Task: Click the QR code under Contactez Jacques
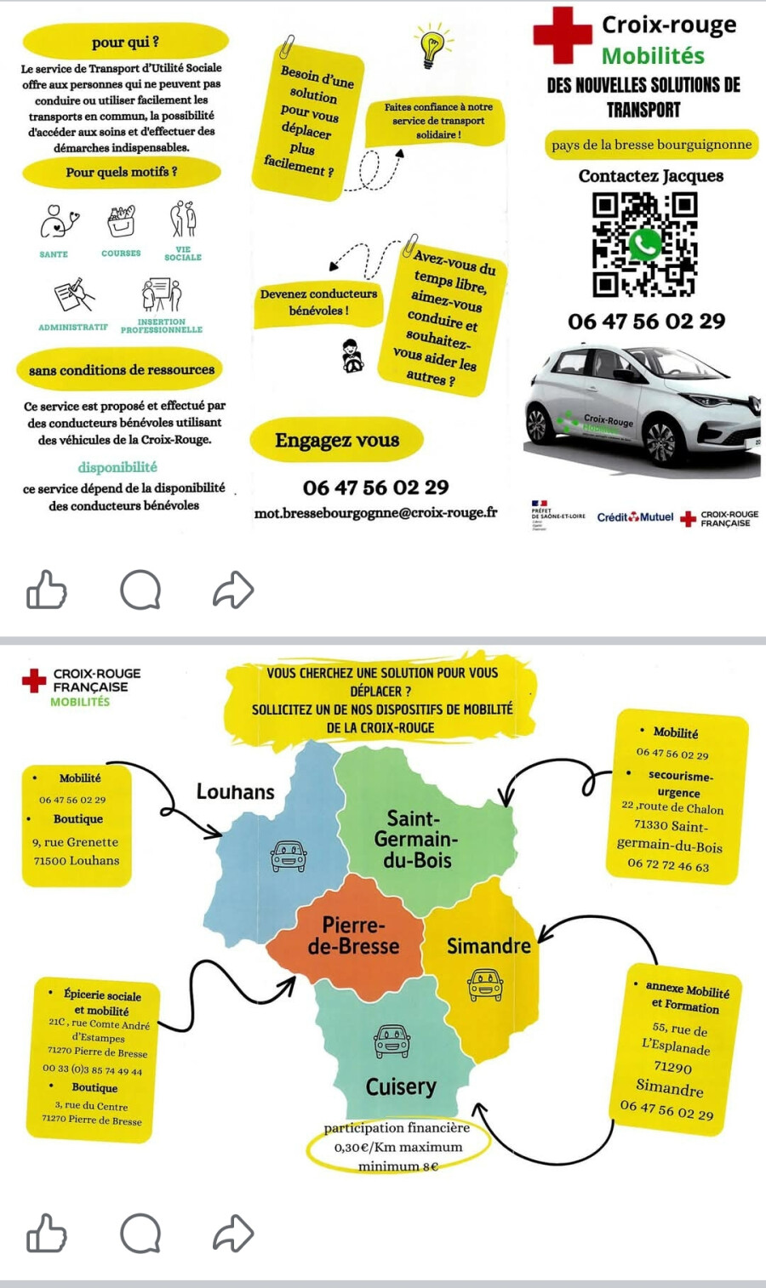pyautogui.click(x=644, y=244)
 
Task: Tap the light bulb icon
pyautogui.click(x=432, y=47)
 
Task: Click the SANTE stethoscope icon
pyautogui.click(x=58, y=221)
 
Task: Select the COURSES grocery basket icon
pyautogui.click(x=122, y=220)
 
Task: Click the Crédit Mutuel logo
pyautogui.click(x=635, y=517)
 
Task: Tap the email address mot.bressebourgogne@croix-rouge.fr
pyautogui.click(x=375, y=513)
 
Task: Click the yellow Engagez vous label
pyautogui.click(x=337, y=440)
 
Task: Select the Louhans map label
pyautogui.click(x=236, y=792)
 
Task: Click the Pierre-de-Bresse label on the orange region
pyautogui.click(x=353, y=936)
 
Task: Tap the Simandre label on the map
pyautogui.click(x=489, y=946)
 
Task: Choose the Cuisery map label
pyautogui.click(x=401, y=1086)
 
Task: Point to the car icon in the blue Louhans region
pyautogui.click(x=289, y=855)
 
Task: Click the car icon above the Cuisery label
pyautogui.click(x=392, y=1041)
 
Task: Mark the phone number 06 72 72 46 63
pyautogui.click(x=668, y=866)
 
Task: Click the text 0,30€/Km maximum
pyautogui.click(x=397, y=1147)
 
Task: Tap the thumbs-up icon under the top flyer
pyautogui.click(x=46, y=590)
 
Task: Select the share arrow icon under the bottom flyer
pyautogui.click(x=233, y=1234)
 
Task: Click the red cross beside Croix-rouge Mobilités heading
pyautogui.click(x=562, y=35)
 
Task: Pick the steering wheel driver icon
pyautogui.click(x=351, y=356)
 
